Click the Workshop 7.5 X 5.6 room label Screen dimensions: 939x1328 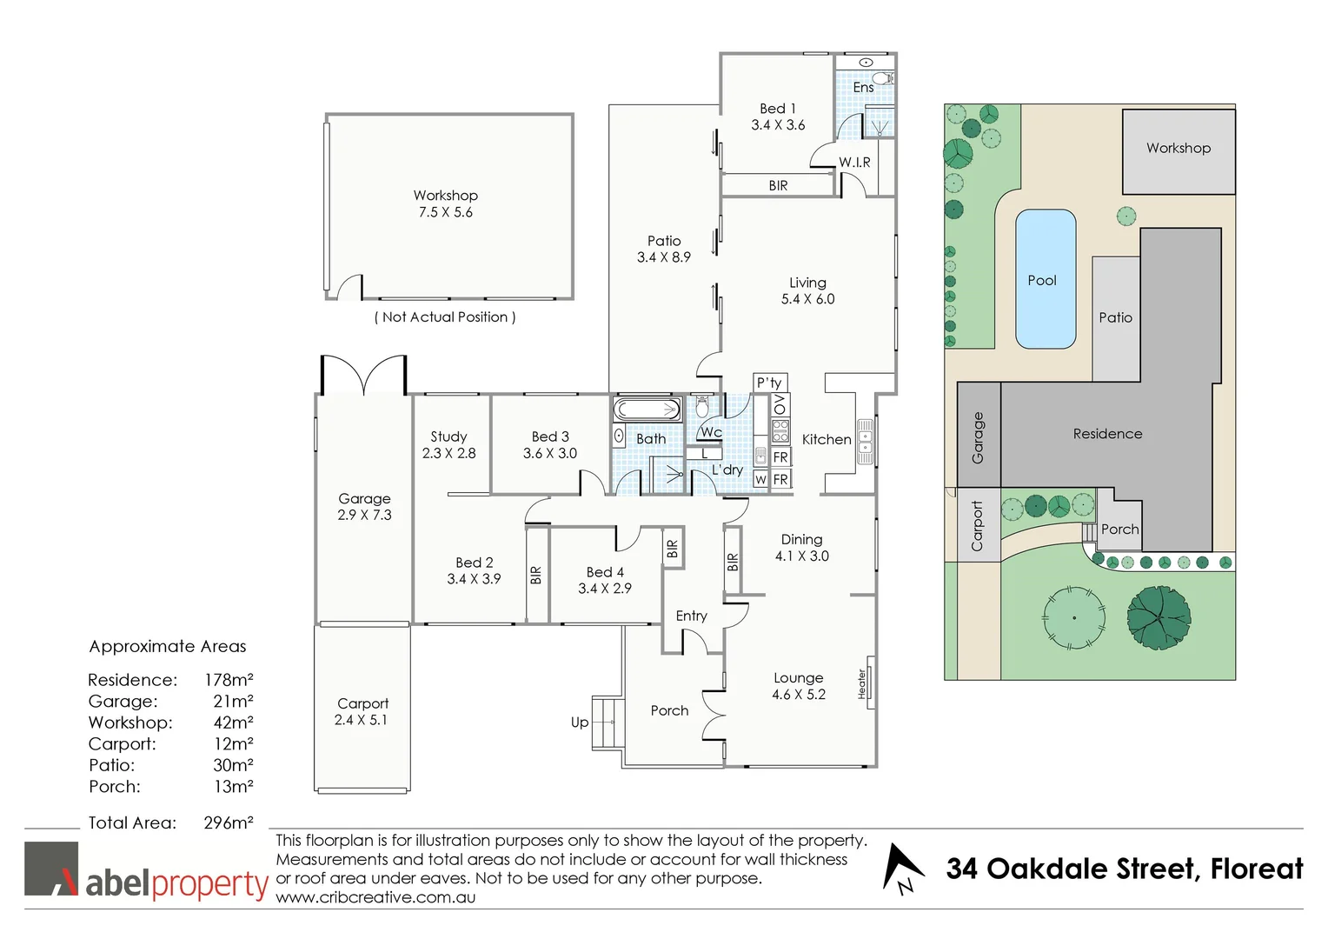click(445, 203)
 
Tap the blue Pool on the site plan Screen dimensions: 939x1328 click(1045, 279)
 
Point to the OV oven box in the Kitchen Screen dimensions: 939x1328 click(780, 404)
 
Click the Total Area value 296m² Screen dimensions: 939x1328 click(229, 822)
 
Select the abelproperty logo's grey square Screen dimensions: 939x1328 click(51, 868)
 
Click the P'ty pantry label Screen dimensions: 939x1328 click(769, 383)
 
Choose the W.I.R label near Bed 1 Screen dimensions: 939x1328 click(854, 162)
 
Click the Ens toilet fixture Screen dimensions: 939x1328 click(883, 79)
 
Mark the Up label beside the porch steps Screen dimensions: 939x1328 click(580, 722)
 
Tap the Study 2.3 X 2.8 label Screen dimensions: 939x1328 click(448, 444)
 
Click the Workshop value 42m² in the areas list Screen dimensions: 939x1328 click(233, 723)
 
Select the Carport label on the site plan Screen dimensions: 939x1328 click(977, 526)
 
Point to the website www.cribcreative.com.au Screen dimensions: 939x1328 click(375, 897)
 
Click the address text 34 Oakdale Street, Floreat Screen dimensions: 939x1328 click(1124, 869)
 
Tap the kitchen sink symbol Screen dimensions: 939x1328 click(865, 441)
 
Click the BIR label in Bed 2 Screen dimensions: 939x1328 click(535, 575)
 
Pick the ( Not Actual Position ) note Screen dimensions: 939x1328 click(445, 316)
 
